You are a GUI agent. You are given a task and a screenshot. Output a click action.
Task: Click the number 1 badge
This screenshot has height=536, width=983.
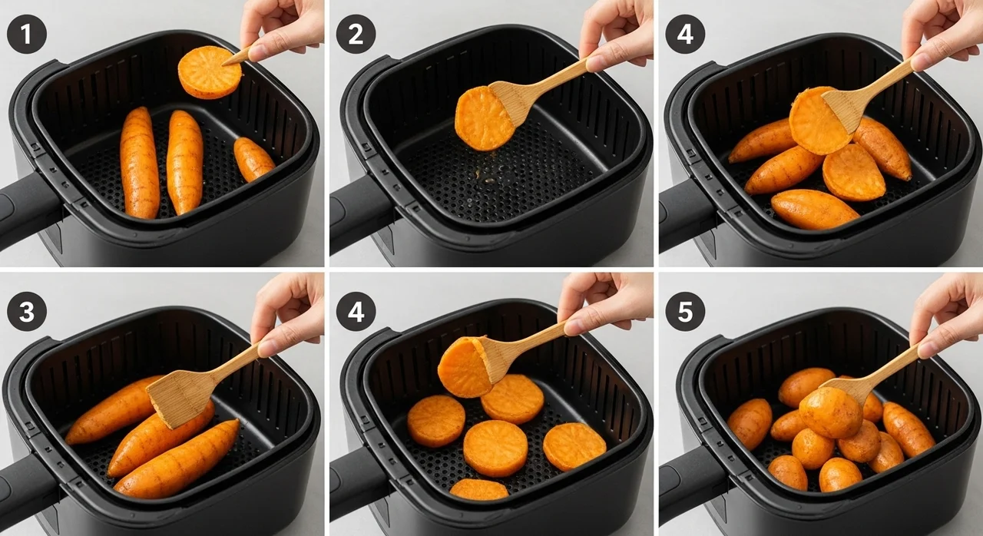click(27, 35)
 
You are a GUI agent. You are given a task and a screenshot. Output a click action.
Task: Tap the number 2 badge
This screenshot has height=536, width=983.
click(356, 35)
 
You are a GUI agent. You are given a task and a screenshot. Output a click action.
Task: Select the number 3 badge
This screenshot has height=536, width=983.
click(27, 312)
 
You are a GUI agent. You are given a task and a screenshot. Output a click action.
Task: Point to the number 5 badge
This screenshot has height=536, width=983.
click(685, 312)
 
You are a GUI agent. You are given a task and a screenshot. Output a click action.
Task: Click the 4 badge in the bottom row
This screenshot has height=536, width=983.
click(356, 312)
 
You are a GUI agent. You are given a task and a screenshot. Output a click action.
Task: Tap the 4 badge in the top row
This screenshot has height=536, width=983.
click(685, 35)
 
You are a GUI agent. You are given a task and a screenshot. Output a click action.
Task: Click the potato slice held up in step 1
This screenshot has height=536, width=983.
click(210, 72)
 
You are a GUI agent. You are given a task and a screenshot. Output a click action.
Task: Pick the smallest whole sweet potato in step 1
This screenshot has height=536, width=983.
click(253, 159)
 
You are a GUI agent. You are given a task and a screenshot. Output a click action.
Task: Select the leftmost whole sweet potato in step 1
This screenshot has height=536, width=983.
click(140, 163)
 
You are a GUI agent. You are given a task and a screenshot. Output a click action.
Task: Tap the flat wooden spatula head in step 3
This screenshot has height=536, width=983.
click(183, 398)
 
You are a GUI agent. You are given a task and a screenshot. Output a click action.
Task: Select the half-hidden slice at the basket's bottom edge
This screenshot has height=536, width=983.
click(478, 489)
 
